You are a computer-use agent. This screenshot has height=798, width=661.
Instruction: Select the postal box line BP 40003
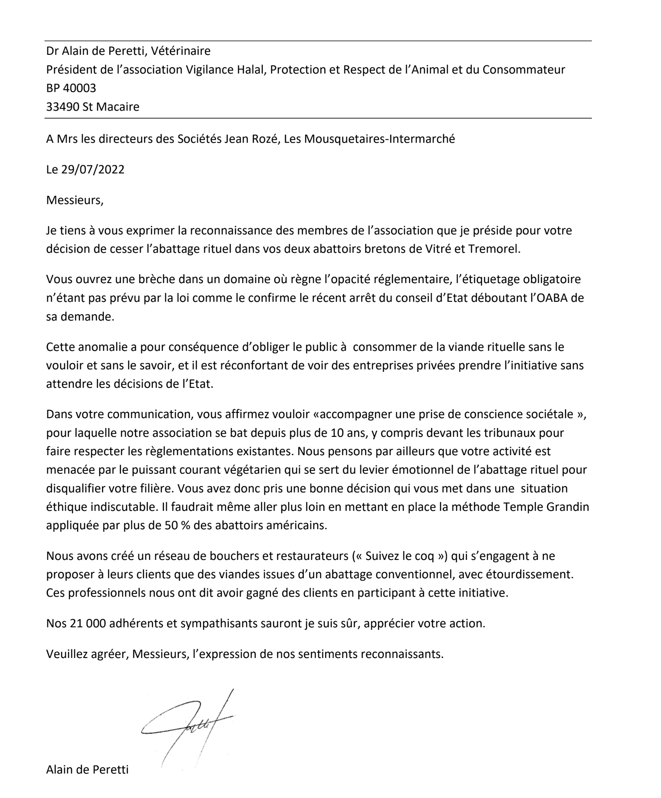click(x=71, y=88)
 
